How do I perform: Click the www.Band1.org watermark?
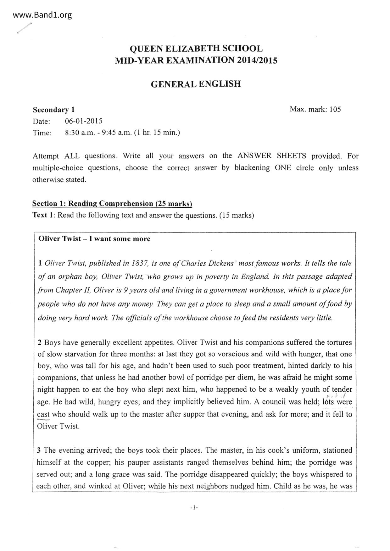click(43, 15)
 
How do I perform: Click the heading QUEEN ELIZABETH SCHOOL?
click(196, 49)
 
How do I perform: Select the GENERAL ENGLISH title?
click(196, 84)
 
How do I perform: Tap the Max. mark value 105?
click(335, 109)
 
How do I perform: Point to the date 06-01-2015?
click(84, 121)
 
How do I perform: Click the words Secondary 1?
click(54, 110)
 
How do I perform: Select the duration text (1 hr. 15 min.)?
click(157, 133)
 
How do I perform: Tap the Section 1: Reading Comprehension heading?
click(112, 204)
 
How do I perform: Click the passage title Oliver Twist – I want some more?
click(94, 239)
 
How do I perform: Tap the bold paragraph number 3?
click(39, 450)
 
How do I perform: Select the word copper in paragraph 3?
click(100, 462)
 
